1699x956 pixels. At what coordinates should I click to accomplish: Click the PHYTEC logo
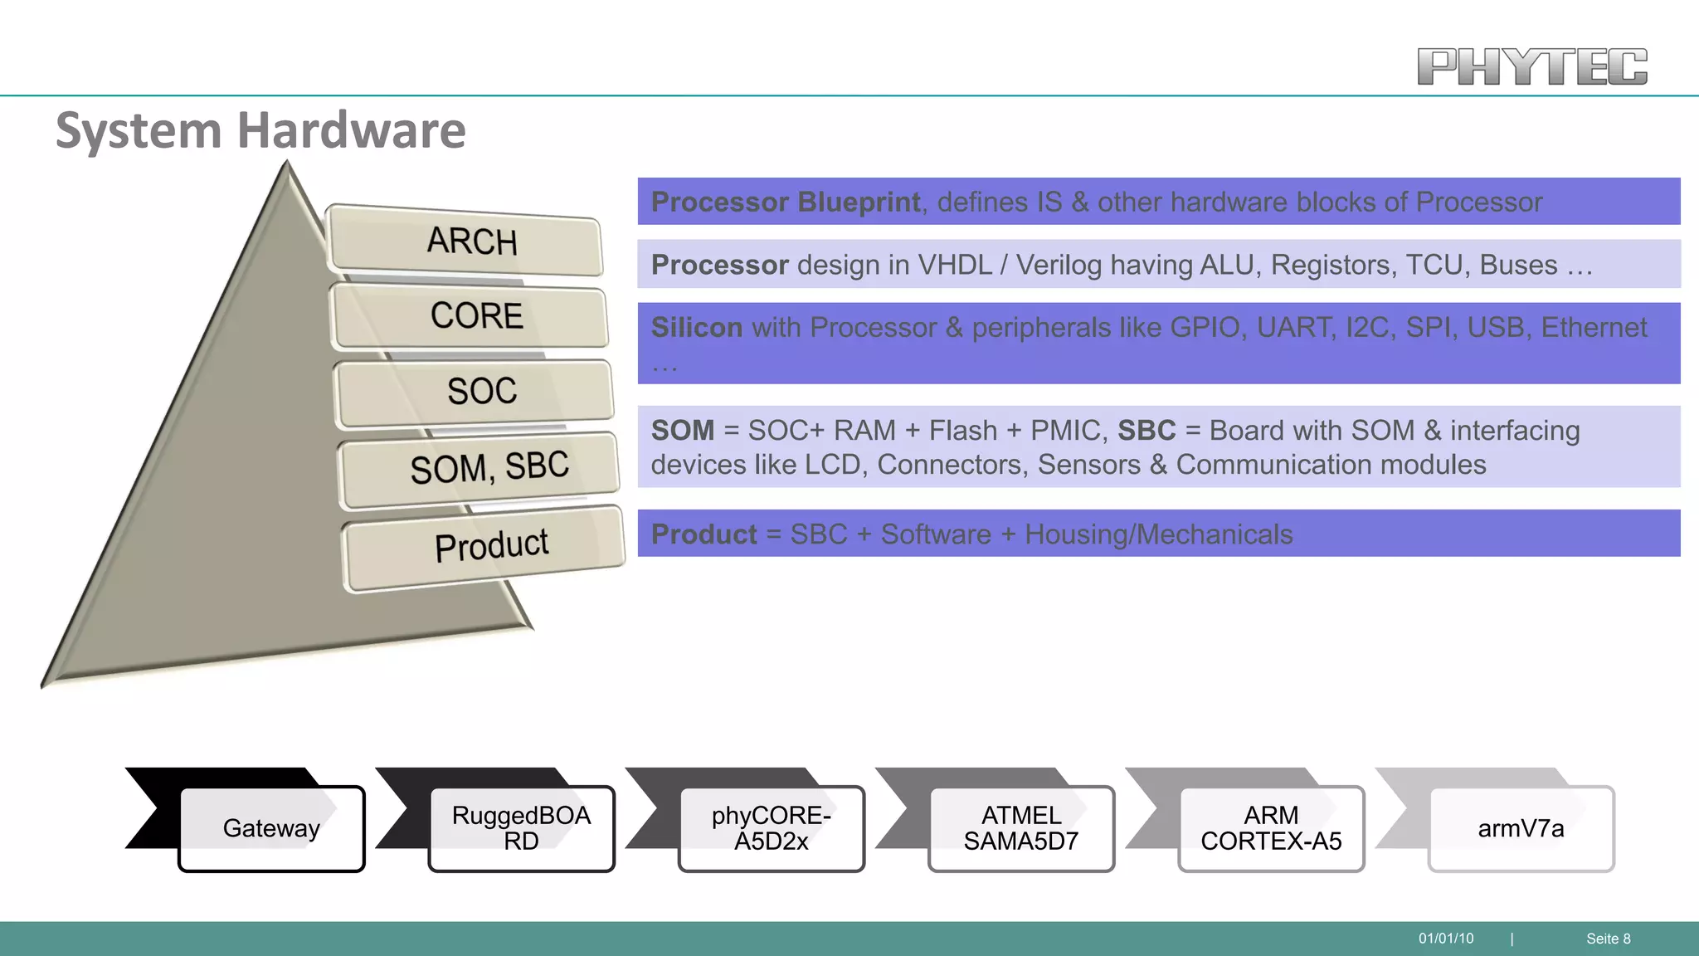point(1531,66)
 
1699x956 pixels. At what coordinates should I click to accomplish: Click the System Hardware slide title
point(260,130)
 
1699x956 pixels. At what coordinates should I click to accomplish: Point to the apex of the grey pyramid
point(287,166)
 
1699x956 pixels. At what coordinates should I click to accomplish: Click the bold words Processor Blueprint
point(785,202)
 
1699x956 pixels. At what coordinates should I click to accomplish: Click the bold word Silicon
point(696,328)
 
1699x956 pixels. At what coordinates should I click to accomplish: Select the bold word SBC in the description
point(1146,431)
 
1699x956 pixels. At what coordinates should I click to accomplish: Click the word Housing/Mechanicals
point(1158,534)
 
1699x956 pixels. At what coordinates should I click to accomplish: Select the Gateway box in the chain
point(271,828)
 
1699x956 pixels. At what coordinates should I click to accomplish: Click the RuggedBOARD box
point(521,828)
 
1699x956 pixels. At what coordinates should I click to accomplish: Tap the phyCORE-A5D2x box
point(771,828)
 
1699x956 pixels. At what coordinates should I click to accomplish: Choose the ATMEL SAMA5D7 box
point(1020,828)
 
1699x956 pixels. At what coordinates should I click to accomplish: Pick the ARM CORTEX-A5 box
point(1270,828)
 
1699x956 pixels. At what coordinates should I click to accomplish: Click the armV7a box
point(1520,828)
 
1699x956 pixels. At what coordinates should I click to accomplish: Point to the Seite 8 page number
point(1608,939)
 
